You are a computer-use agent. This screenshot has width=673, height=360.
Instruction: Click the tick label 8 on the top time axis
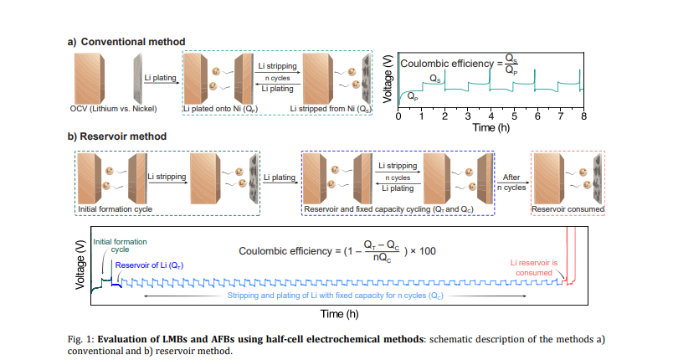click(583, 116)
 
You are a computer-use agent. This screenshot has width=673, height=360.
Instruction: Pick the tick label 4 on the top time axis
click(491, 116)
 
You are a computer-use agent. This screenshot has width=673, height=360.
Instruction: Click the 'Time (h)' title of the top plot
click(491, 128)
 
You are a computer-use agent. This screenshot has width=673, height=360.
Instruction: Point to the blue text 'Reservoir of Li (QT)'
click(149, 265)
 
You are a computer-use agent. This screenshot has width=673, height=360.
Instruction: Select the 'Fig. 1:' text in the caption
click(81, 338)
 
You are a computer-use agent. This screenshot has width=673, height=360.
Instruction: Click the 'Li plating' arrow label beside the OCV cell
click(159, 79)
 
